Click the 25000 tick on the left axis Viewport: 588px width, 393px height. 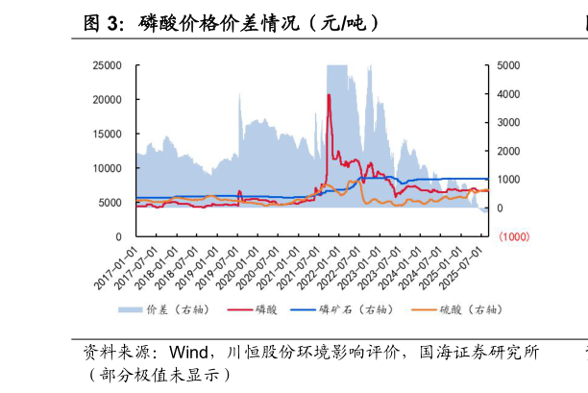(x=108, y=65)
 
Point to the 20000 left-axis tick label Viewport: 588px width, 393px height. (x=108, y=100)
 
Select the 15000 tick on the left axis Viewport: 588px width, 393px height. (x=108, y=134)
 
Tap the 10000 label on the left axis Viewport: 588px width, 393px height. (x=108, y=168)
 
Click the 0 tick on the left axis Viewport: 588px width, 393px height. (x=118, y=236)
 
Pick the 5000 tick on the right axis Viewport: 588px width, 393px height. (x=508, y=65)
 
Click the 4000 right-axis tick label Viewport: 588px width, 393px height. (x=508, y=94)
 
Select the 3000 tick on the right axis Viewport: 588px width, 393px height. (x=508, y=123)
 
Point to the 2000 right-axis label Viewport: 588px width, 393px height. (x=508, y=152)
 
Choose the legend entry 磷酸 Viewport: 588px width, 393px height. (x=267, y=309)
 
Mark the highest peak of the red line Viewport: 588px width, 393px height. (x=329, y=94)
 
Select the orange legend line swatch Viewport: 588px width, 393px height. (x=423, y=309)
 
